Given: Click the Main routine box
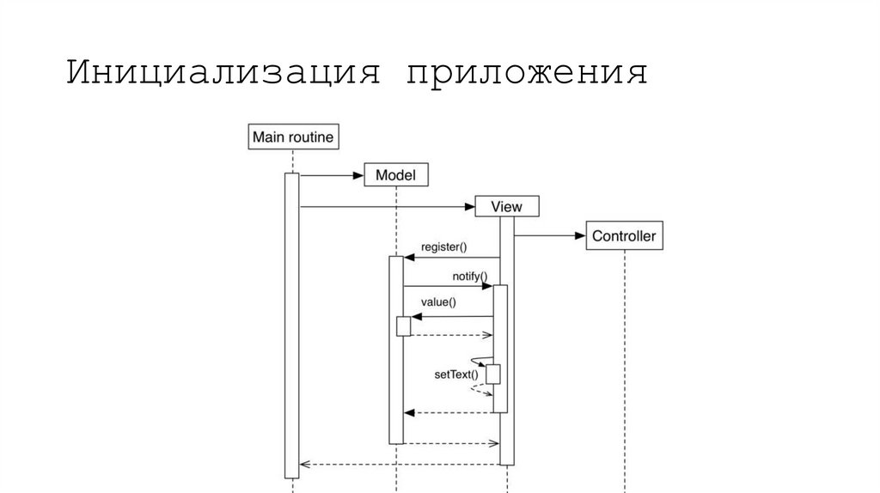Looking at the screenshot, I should (x=292, y=137).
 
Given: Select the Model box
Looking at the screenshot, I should (x=396, y=175).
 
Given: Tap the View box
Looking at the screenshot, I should (x=507, y=206).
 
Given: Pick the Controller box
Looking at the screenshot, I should (x=624, y=235).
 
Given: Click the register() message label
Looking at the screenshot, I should (x=443, y=247).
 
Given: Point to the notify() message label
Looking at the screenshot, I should (x=469, y=277).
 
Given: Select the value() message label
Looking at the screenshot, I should (x=438, y=301).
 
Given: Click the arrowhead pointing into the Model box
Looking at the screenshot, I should (x=358, y=175).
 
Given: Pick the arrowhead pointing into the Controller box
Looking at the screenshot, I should (x=580, y=235).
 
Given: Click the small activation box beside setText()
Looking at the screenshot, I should (x=493, y=374).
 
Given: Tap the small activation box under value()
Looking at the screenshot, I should (x=403, y=326).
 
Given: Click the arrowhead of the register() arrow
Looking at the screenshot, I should (x=409, y=257).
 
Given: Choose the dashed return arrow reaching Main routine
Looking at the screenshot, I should (x=395, y=465).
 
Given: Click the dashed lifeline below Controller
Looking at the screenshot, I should (x=625, y=369).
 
